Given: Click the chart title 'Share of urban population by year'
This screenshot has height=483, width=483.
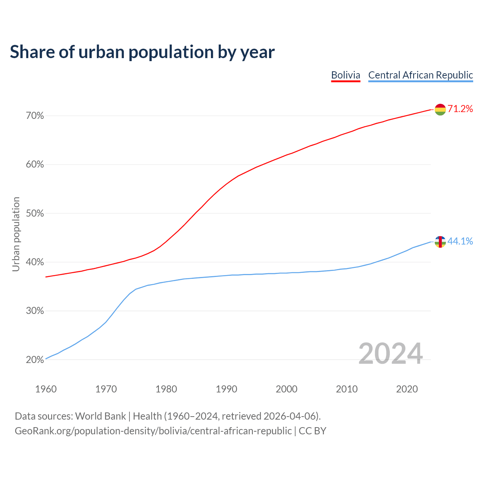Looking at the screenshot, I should pyautogui.click(x=142, y=52).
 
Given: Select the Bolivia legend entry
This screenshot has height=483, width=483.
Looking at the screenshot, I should pyautogui.click(x=346, y=75).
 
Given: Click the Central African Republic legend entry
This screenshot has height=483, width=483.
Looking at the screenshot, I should pyautogui.click(x=420, y=75).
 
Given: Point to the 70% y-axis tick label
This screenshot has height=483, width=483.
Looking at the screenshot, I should pyautogui.click(x=35, y=116).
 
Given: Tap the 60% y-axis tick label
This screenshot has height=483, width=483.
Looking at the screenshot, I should pyautogui.click(x=35, y=165).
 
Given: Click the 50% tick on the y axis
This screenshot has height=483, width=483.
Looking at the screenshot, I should pyautogui.click(x=35, y=214).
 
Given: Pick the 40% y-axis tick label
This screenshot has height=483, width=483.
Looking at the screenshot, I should pyautogui.click(x=35, y=262).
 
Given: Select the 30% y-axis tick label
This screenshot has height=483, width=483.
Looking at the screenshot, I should pyautogui.click(x=35, y=311).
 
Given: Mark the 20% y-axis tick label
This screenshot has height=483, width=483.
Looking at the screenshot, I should pyautogui.click(x=35, y=360).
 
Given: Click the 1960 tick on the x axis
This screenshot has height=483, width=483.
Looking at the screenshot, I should pyautogui.click(x=46, y=389).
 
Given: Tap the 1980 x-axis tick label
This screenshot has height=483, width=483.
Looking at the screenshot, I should pyautogui.click(x=166, y=389).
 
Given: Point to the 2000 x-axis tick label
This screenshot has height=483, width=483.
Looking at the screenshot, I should pyautogui.click(x=286, y=389).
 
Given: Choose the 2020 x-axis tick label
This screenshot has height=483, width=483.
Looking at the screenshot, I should pyautogui.click(x=407, y=389).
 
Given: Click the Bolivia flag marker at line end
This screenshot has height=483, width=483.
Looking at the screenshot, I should pyautogui.click(x=440, y=109).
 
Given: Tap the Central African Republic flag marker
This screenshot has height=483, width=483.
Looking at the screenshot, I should pyautogui.click(x=440, y=242).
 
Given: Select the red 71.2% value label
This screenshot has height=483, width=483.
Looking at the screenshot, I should pyautogui.click(x=460, y=109).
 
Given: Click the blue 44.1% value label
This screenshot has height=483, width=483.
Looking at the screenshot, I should pyautogui.click(x=460, y=241).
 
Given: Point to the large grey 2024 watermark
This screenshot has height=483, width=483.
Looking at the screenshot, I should pyautogui.click(x=391, y=354).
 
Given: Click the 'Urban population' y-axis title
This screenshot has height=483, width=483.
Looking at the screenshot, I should pyautogui.click(x=16, y=234).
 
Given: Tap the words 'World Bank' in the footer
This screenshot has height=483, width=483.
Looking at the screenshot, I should pyautogui.click(x=100, y=416).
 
